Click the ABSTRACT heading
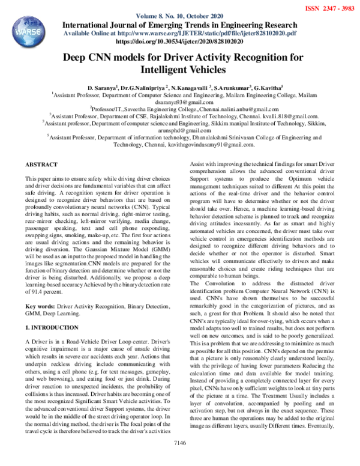41,164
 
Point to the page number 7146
180,459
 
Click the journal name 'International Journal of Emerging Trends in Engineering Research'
179,25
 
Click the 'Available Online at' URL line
179,34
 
